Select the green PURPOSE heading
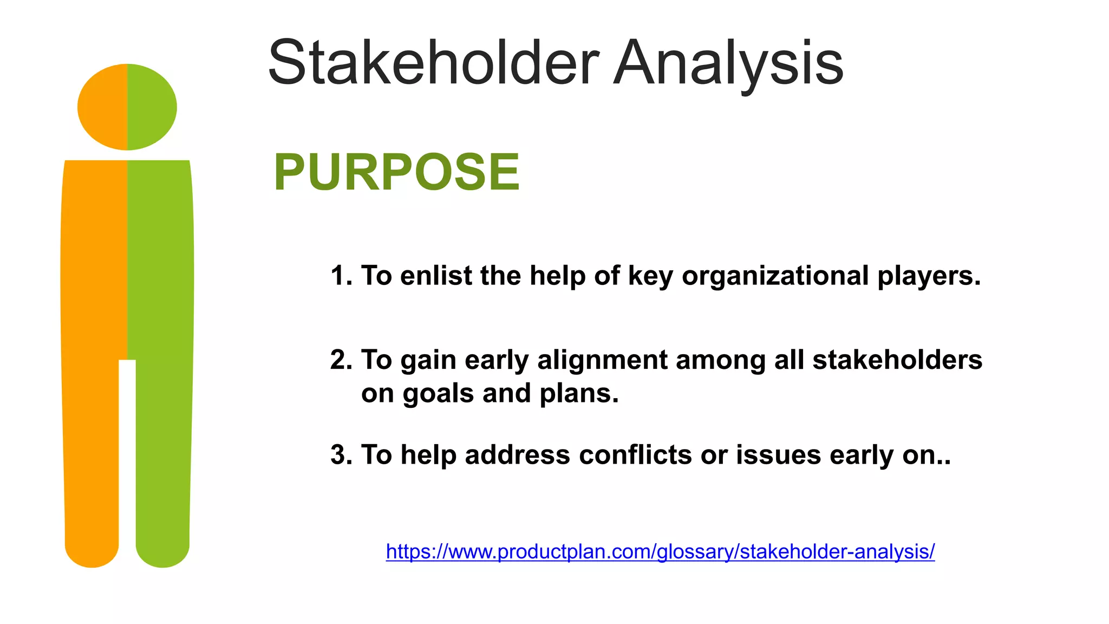[x=396, y=172]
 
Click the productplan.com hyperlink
[x=660, y=551]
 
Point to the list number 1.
[x=340, y=276]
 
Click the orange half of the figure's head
[x=103, y=107]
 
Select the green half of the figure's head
[x=152, y=107]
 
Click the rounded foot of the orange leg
[x=92, y=552]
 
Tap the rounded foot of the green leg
[x=162, y=552]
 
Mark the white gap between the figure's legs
[x=127, y=460]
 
